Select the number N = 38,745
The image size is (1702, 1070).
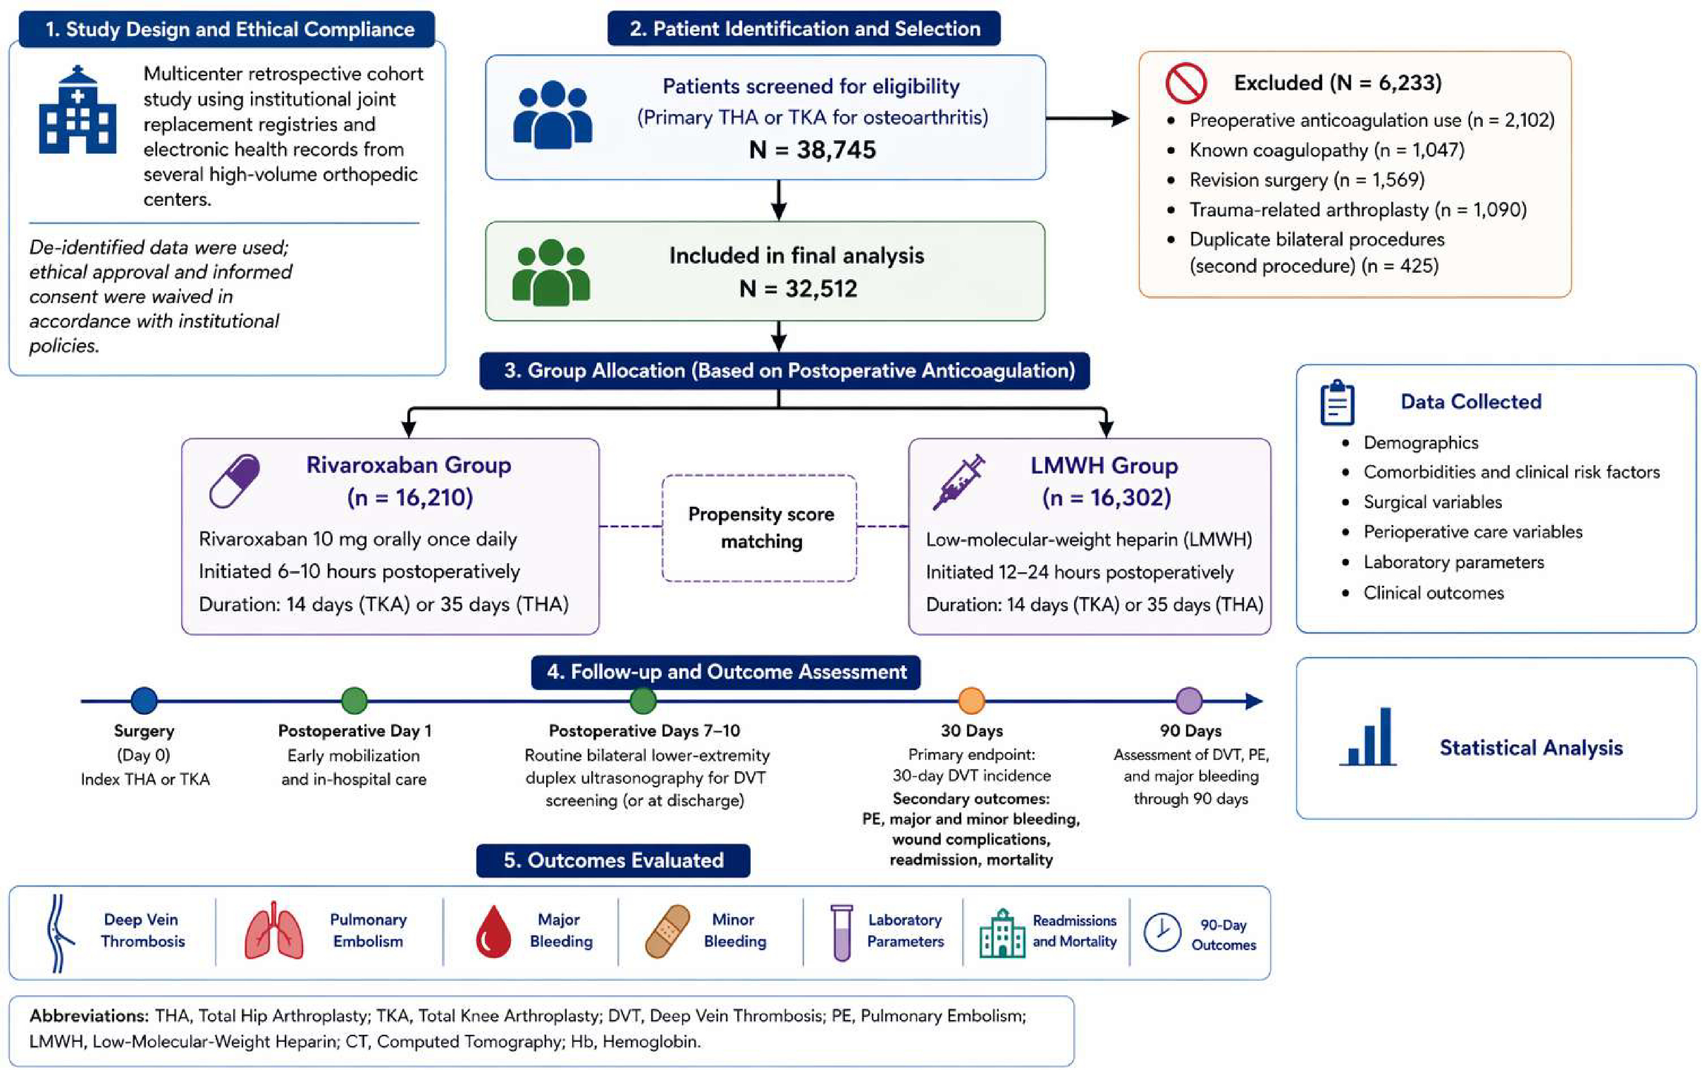[812, 150]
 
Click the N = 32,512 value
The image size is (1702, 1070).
[798, 288]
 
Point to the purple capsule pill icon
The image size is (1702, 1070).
[234, 481]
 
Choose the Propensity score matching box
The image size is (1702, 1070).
[760, 528]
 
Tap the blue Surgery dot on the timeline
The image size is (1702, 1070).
[144, 700]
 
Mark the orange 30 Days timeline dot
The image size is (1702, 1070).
[971, 700]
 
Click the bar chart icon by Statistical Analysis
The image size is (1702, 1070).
[1368, 736]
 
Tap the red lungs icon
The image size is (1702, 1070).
[274, 930]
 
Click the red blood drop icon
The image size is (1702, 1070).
[493, 931]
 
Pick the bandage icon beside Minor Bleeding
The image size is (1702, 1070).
[667, 931]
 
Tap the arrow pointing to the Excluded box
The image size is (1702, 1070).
[1088, 118]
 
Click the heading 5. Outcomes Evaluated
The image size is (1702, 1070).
[614, 860]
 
